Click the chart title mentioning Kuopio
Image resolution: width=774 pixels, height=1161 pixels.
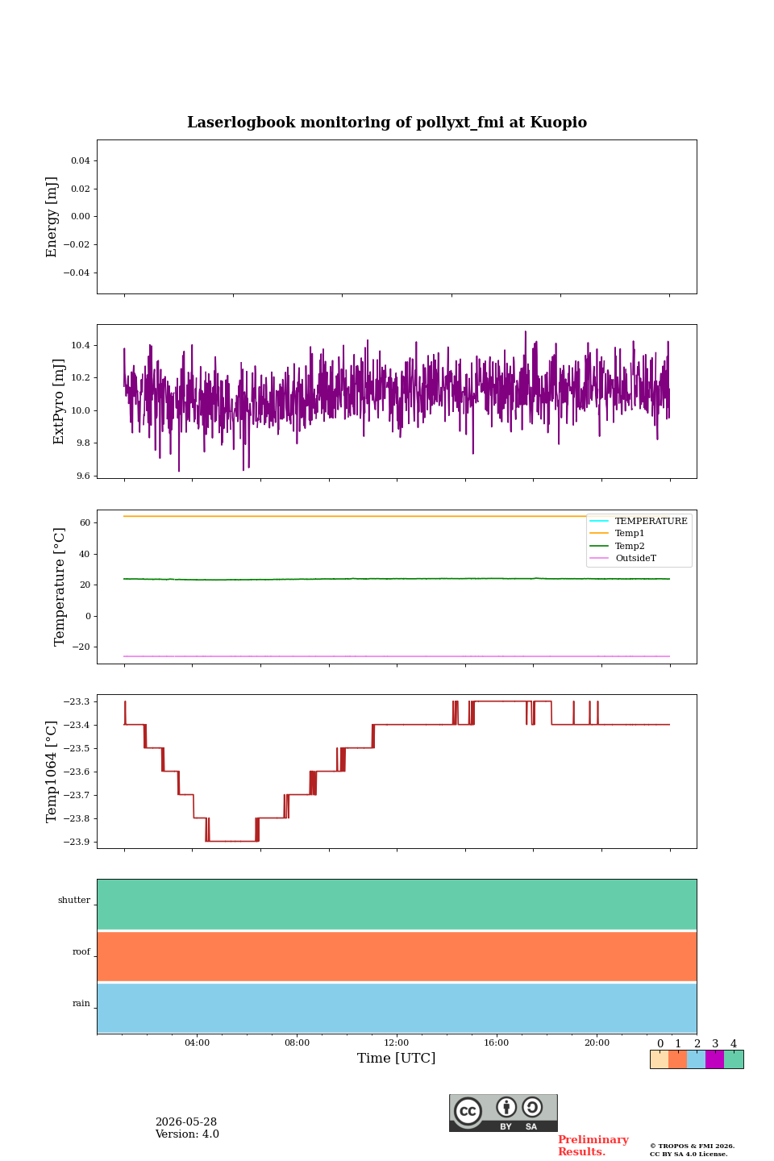387,123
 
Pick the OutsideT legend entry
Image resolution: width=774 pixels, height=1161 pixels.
635,558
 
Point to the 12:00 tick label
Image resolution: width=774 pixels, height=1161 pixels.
396,1042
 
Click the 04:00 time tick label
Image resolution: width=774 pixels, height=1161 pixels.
197,1042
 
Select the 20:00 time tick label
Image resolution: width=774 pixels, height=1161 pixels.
597,1042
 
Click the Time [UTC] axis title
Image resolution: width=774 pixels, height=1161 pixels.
396,1058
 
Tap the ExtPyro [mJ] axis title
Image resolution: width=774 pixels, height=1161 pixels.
59,402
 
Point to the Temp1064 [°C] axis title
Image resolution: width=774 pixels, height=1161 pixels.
51,772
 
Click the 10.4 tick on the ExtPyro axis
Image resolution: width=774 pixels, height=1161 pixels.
81,345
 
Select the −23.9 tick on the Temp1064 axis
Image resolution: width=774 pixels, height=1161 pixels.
77,842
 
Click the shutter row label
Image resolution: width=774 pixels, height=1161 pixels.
74,901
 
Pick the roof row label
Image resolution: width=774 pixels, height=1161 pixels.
81,951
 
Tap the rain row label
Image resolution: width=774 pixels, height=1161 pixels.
81,1004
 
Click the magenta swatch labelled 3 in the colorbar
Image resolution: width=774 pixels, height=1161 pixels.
714,1059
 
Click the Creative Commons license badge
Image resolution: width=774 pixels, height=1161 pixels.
503,1113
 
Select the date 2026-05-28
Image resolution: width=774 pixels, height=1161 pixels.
186,1122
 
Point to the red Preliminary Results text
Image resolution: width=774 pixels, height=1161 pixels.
593,1146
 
